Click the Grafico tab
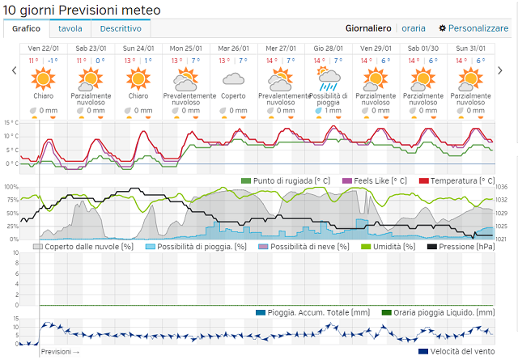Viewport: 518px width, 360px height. pos(27,28)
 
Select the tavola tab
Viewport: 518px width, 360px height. pos(70,28)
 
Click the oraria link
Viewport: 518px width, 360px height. pos(414,28)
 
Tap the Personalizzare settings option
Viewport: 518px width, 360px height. pos(473,28)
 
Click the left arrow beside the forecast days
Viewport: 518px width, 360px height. pos(14,71)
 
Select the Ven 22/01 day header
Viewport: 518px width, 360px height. pos(43,48)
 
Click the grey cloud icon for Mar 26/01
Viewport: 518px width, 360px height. pos(233,79)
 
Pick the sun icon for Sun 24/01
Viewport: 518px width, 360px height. pos(138,79)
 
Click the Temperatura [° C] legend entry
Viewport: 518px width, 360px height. pos(456,180)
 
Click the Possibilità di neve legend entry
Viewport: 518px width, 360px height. pos(303,246)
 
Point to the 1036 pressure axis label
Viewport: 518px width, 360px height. pos(500,187)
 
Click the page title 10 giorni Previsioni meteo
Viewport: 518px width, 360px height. pos(82,10)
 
